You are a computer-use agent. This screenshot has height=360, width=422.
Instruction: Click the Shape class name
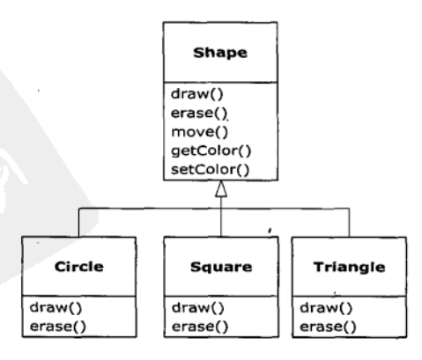click(220, 53)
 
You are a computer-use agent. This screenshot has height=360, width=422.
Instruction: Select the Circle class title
click(79, 267)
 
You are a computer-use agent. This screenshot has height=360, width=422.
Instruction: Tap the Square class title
click(221, 268)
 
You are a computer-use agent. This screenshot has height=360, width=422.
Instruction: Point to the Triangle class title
click(349, 268)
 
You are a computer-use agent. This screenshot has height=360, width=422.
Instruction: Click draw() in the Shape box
click(197, 94)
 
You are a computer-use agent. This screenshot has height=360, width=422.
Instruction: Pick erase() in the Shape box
click(199, 113)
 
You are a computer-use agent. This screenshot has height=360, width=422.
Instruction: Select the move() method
click(199, 132)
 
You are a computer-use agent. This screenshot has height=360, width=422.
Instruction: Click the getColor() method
click(211, 151)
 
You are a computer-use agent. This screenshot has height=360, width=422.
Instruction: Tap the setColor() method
click(210, 170)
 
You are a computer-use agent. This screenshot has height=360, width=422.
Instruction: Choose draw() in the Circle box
click(56, 308)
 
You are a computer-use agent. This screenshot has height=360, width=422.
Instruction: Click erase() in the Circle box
click(58, 327)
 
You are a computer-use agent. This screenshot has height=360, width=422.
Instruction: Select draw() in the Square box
click(198, 308)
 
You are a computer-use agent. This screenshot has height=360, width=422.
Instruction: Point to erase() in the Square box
click(200, 327)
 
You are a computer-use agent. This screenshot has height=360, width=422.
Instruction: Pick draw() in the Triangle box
click(326, 308)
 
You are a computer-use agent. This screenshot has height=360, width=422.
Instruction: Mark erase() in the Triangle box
click(328, 327)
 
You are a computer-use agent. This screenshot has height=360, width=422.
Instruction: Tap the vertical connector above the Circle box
click(78, 223)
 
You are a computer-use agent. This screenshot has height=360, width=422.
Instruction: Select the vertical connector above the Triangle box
click(349, 223)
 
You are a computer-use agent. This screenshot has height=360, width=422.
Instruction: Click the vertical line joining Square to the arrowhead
click(221, 217)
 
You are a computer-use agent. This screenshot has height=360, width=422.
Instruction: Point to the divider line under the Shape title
click(220, 82)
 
